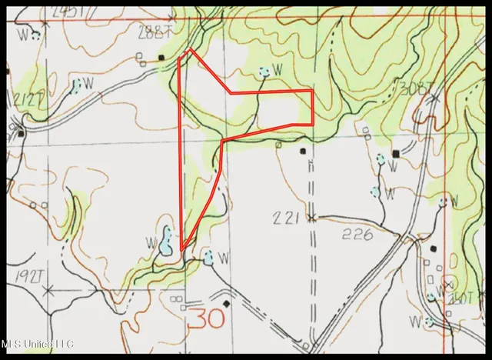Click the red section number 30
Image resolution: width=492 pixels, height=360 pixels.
coord(198,316)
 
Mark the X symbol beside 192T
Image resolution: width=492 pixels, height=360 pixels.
coord(48,291)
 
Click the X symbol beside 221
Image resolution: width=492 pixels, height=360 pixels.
coord(310,218)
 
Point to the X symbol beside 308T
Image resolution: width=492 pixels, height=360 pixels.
coord(435,98)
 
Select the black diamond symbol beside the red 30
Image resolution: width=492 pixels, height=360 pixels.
coord(225,303)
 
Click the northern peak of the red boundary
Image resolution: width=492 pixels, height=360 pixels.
coord(190,51)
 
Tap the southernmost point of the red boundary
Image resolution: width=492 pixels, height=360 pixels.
coord(182,250)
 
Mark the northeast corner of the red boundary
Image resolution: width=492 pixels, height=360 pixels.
coord(311,91)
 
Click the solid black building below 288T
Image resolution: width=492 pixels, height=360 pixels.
coord(161,57)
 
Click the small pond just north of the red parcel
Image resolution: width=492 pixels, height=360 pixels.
coord(264,72)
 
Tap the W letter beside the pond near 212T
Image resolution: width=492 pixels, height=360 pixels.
coord(88,82)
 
